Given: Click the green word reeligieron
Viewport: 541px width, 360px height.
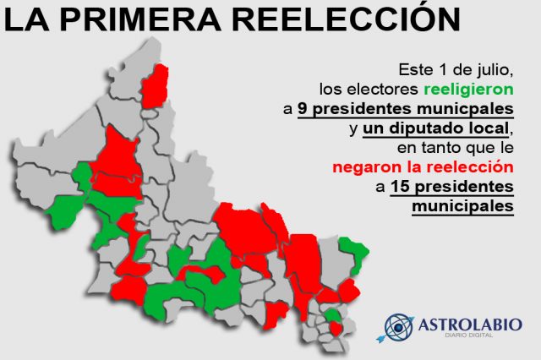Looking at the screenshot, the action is (468, 90).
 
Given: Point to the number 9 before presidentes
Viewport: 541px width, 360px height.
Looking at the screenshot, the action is (303, 109).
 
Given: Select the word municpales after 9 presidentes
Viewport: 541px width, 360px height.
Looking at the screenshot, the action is (465, 110).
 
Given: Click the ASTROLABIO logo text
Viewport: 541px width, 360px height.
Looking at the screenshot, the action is (470, 325).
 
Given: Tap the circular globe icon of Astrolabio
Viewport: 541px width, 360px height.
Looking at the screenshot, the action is (398, 327).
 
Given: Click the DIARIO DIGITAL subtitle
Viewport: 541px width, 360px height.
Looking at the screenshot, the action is (468, 335).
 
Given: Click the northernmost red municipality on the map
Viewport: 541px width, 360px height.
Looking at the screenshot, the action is (155, 86).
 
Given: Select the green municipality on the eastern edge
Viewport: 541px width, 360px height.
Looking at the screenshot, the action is (352, 254).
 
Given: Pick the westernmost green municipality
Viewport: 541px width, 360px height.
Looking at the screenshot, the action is (64, 212).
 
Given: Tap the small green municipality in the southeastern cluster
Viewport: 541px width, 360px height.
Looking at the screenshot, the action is (332, 315).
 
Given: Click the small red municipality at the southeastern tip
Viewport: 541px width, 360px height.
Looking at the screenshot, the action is (335, 328).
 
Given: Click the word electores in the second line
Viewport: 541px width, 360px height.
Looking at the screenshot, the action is (382, 90).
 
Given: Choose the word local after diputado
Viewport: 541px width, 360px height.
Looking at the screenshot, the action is (489, 128).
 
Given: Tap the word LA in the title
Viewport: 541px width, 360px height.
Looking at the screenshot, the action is (27, 19).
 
